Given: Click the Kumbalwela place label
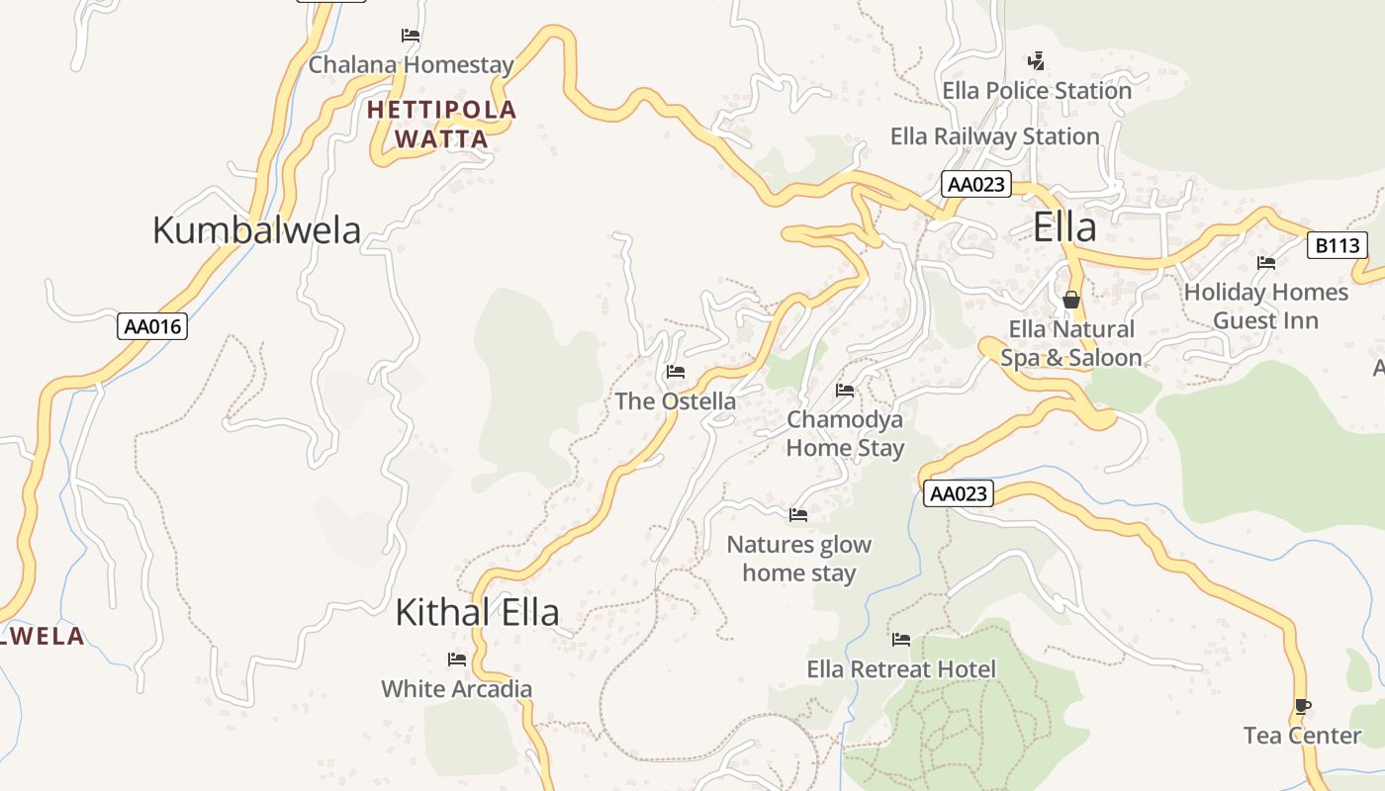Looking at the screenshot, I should [256, 230].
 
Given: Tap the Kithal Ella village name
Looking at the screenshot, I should [477, 612].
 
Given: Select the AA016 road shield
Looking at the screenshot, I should [152, 326].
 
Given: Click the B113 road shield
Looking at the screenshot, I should [1337, 245].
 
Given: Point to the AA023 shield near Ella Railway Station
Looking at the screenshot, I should [975, 184].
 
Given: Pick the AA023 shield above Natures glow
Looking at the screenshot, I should [959, 493].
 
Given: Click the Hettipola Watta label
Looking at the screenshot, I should [441, 125].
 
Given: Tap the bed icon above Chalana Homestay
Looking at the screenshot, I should [411, 36].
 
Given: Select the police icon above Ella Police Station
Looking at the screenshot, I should [1036, 61].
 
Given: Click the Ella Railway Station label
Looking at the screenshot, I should [994, 136].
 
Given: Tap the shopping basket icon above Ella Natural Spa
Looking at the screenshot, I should [1070, 299].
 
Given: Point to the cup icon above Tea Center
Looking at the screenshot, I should [1302, 706].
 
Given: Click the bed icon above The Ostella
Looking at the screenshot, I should [676, 372].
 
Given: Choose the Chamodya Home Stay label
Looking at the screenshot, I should [845, 434].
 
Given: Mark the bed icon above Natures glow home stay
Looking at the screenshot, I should [798, 515].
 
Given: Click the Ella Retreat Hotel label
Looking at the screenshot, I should [901, 669].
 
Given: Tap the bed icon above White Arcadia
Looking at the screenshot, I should [456, 659].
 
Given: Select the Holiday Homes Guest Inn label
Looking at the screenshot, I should [1265, 307].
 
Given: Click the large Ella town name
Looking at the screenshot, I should [1064, 228].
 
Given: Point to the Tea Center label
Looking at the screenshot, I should [1302, 736].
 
